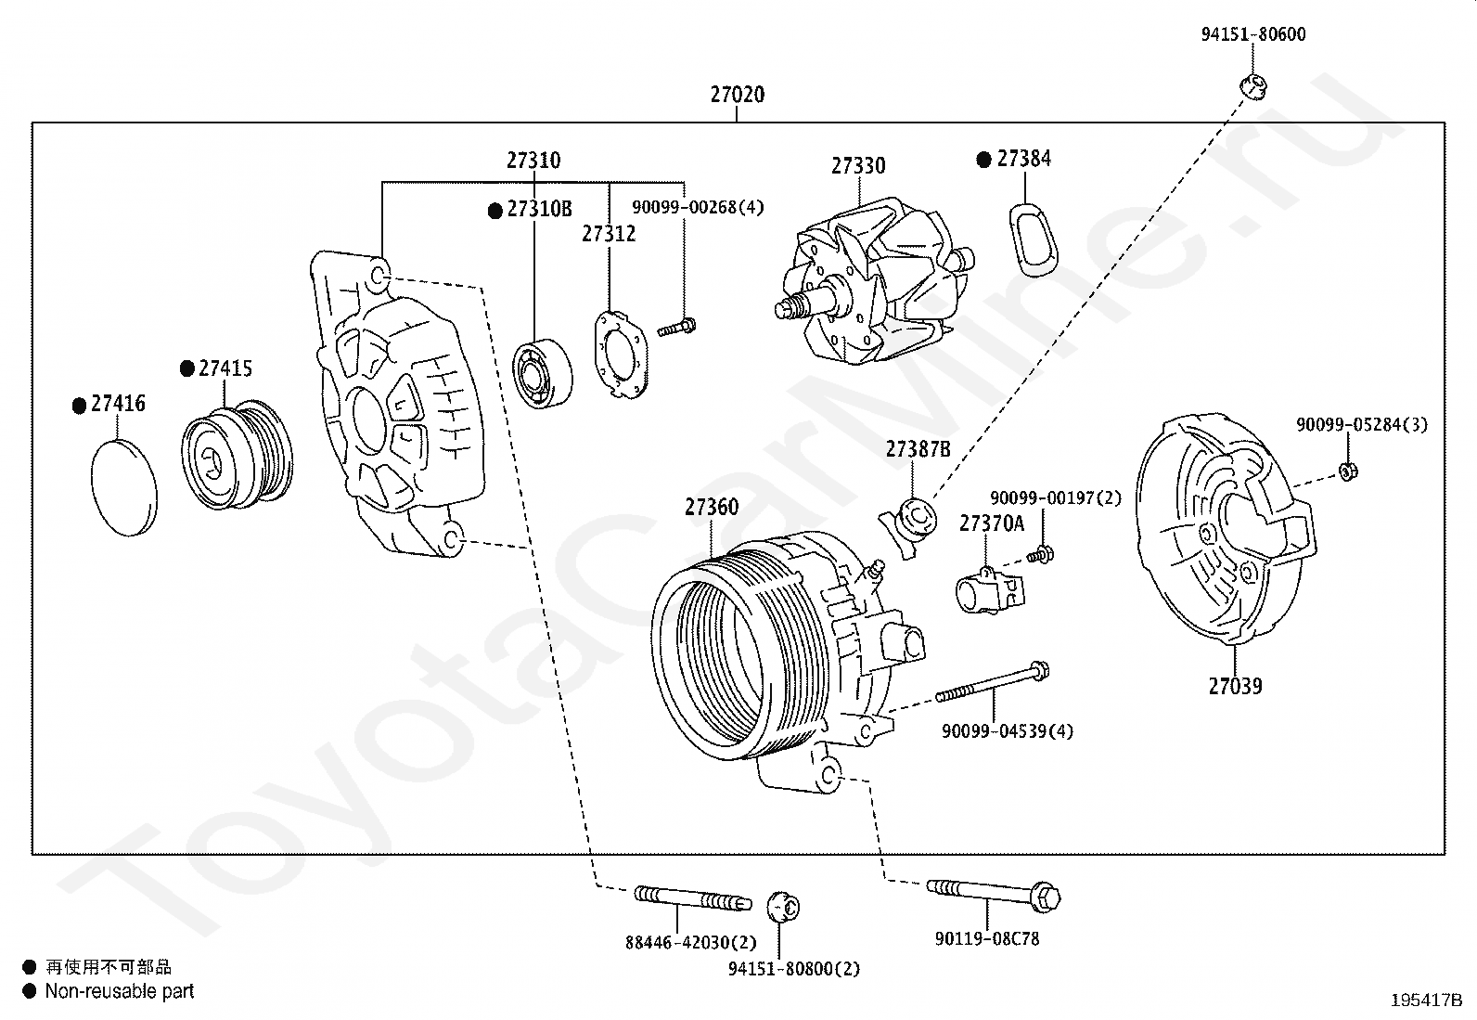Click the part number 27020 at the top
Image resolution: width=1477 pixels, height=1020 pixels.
pyautogui.click(x=738, y=95)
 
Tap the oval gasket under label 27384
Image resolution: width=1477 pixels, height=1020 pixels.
pyautogui.click(x=1034, y=239)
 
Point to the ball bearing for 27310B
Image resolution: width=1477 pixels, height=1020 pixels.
pyautogui.click(x=542, y=373)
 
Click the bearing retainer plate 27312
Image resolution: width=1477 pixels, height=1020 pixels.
pyautogui.click(x=621, y=355)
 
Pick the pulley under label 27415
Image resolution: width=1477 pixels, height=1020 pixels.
pyautogui.click(x=237, y=454)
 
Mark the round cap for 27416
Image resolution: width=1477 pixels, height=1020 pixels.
pyautogui.click(x=124, y=488)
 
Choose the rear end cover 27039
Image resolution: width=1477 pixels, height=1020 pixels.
pyautogui.click(x=1226, y=528)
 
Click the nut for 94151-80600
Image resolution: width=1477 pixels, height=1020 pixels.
pyautogui.click(x=1253, y=87)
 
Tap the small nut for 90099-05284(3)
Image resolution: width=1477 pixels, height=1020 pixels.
pyautogui.click(x=1348, y=471)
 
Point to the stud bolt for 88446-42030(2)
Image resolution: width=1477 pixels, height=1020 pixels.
pyautogui.click(x=692, y=897)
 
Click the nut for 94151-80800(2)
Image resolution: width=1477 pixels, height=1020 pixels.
pyautogui.click(x=783, y=907)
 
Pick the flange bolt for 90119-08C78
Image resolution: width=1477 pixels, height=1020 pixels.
pyautogui.click(x=994, y=894)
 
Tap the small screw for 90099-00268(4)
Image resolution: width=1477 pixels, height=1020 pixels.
pyautogui.click(x=676, y=328)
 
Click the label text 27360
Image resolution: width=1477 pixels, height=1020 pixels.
pyautogui.click(x=712, y=507)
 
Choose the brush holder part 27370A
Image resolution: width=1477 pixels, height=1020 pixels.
pyautogui.click(x=989, y=589)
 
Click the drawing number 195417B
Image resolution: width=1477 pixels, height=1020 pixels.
pyautogui.click(x=1426, y=1001)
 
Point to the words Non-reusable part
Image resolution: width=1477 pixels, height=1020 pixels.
pyautogui.click(x=120, y=991)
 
